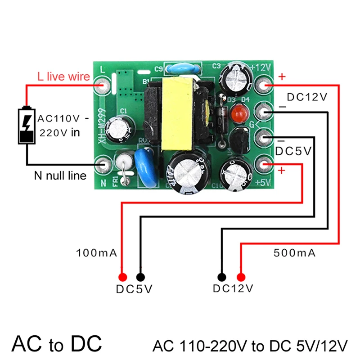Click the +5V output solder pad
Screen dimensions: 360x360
[265, 165]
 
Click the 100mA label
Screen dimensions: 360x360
[97, 253]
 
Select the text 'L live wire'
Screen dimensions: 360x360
[63, 77]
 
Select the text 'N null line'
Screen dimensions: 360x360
[60, 175]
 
